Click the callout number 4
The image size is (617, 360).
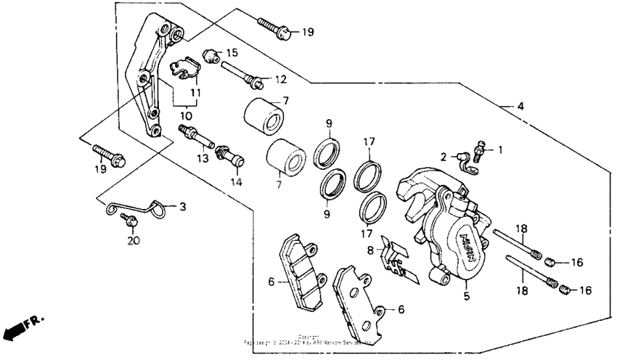520,107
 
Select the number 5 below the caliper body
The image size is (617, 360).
467,296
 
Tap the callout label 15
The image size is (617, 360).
232,53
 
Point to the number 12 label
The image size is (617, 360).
280,78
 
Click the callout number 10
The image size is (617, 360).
187,115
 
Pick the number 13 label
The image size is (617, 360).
203,157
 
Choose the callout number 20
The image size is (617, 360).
132,240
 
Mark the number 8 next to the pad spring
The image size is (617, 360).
369,250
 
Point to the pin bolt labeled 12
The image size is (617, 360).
242,73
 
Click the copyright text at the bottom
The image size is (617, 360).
308,339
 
